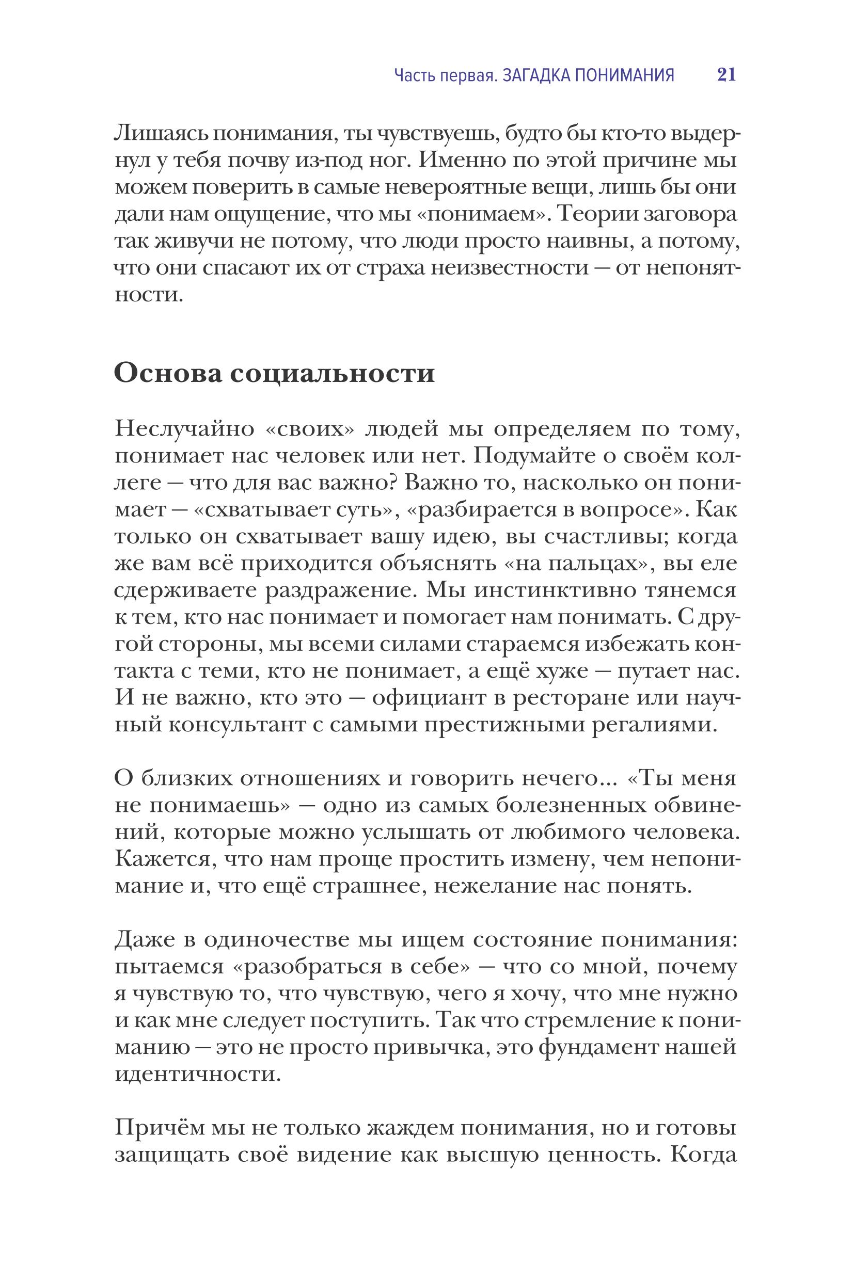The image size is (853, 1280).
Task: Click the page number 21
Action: [726, 74]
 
